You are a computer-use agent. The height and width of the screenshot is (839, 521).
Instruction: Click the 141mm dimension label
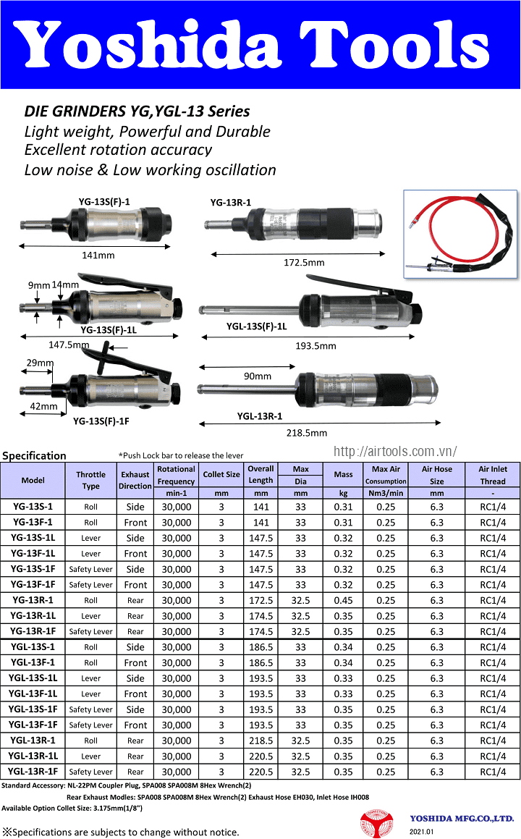click(98, 256)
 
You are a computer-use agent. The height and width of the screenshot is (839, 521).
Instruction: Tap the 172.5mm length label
click(304, 263)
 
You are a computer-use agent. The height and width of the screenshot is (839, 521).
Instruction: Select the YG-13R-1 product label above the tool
click(231, 202)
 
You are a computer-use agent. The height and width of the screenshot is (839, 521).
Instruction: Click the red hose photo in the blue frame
click(460, 234)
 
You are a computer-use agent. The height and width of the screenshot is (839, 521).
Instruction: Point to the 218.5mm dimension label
click(307, 433)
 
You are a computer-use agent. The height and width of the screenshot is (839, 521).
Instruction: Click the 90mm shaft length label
click(258, 376)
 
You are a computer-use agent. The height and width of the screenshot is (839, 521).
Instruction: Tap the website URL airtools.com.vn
click(395, 452)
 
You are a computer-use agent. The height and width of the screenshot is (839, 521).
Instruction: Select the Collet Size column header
click(221, 475)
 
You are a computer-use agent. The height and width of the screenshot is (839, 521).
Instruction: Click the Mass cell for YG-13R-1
click(344, 600)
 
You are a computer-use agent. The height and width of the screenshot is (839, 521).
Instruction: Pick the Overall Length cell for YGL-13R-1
click(261, 741)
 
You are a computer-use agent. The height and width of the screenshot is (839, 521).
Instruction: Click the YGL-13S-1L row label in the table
click(33, 678)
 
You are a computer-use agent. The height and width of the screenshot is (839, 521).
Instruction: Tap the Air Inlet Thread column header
click(493, 475)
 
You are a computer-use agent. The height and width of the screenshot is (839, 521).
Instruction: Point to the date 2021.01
click(422, 832)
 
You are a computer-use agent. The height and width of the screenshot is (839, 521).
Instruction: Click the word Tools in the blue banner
click(394, 44)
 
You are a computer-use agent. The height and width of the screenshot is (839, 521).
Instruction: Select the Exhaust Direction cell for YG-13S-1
click(135, 507)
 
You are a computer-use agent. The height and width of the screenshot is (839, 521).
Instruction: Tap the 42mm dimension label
click(43, 407)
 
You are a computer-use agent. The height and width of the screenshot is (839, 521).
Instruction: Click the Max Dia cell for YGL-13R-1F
click(300, 772)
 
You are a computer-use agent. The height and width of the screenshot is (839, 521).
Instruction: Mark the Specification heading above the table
click(34, 456)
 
